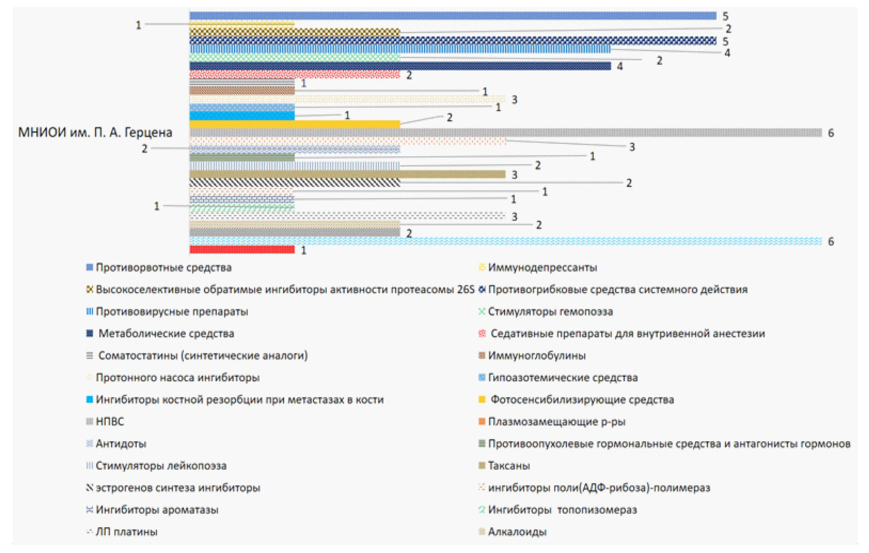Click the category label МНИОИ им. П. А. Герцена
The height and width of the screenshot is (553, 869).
(x=95, y=133)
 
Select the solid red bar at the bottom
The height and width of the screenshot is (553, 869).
(x=242, y=250)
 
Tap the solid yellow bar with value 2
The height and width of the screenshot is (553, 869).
(x=295, y=124)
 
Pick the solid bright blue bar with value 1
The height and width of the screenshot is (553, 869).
(x=242, y=116)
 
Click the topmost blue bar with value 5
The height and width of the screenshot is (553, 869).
(x=453, y=16)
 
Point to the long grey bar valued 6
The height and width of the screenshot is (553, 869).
(x=505, y=133)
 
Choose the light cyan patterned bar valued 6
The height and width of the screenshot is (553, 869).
(x=505, y=241)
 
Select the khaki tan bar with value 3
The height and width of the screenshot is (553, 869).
(x=347, y=174)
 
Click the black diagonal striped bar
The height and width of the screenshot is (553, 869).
(x=295, y=183)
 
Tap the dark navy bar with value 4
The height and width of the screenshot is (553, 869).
(x=400, y=66)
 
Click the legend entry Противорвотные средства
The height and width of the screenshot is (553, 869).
(x=163, y=267)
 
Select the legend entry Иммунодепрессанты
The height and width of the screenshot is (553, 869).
(x=542, y=267)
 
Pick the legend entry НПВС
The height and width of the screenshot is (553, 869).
(x=110, y=422)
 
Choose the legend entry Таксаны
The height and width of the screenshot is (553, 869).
(x=509, y=466)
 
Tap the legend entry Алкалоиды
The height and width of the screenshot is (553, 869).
(x=517, y=531)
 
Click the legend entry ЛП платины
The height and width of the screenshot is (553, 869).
(x=126, y=531)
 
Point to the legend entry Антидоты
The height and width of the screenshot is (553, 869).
(x=121, y=444)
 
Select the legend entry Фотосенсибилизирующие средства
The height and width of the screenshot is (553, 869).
(x=582, y=400)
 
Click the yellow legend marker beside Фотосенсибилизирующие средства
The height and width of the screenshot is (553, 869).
(x=482, y=400)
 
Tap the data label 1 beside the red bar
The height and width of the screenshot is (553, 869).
(x=303, y=250)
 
